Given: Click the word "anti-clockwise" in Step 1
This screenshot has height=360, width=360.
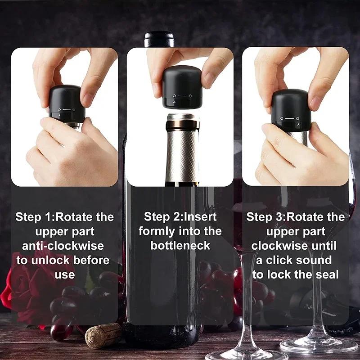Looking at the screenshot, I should point(63,246).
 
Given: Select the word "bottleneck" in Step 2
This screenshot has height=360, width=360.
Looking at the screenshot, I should point(180,246).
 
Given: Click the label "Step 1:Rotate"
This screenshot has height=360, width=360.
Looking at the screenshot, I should point(49,217).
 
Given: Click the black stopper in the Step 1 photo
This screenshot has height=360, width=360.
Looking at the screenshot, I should point(67,103).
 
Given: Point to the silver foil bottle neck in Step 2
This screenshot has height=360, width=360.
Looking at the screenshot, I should point(182,148).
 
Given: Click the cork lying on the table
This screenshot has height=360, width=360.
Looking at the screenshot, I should point(103,336).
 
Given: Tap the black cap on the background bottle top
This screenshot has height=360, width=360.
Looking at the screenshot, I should point(159,39).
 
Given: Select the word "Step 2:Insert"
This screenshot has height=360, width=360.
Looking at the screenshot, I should point(180,217).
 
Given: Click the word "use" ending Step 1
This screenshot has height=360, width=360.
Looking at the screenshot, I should point(64,274).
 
